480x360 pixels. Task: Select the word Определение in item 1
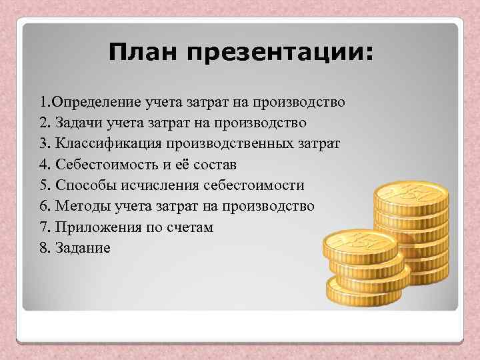(95, 103)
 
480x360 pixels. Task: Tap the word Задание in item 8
(83, 248)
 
